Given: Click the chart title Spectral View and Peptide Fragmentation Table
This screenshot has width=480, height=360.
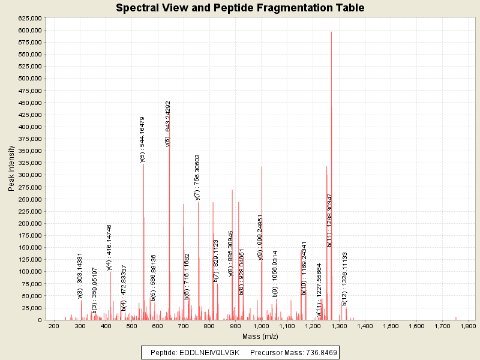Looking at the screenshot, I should pos(240,8).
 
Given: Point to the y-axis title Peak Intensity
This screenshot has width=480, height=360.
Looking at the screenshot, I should pos(11,171).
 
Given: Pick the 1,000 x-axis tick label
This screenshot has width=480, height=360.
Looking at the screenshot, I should pos(260,326).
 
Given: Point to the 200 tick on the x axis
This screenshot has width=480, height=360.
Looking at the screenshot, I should pos(53,326).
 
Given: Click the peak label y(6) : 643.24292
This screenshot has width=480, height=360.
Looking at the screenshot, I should pos(169,124).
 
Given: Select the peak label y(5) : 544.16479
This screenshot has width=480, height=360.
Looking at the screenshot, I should pos(143,139).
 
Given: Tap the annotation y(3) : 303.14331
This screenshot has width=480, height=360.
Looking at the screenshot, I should pos(80,275).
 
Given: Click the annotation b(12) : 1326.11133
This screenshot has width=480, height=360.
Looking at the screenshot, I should pos(345,279).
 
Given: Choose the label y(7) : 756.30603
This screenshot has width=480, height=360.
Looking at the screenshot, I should pos(197,176).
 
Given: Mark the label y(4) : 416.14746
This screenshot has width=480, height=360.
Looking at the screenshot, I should pos(109,247).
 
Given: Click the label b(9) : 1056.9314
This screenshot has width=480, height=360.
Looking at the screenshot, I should pos(275,274).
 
